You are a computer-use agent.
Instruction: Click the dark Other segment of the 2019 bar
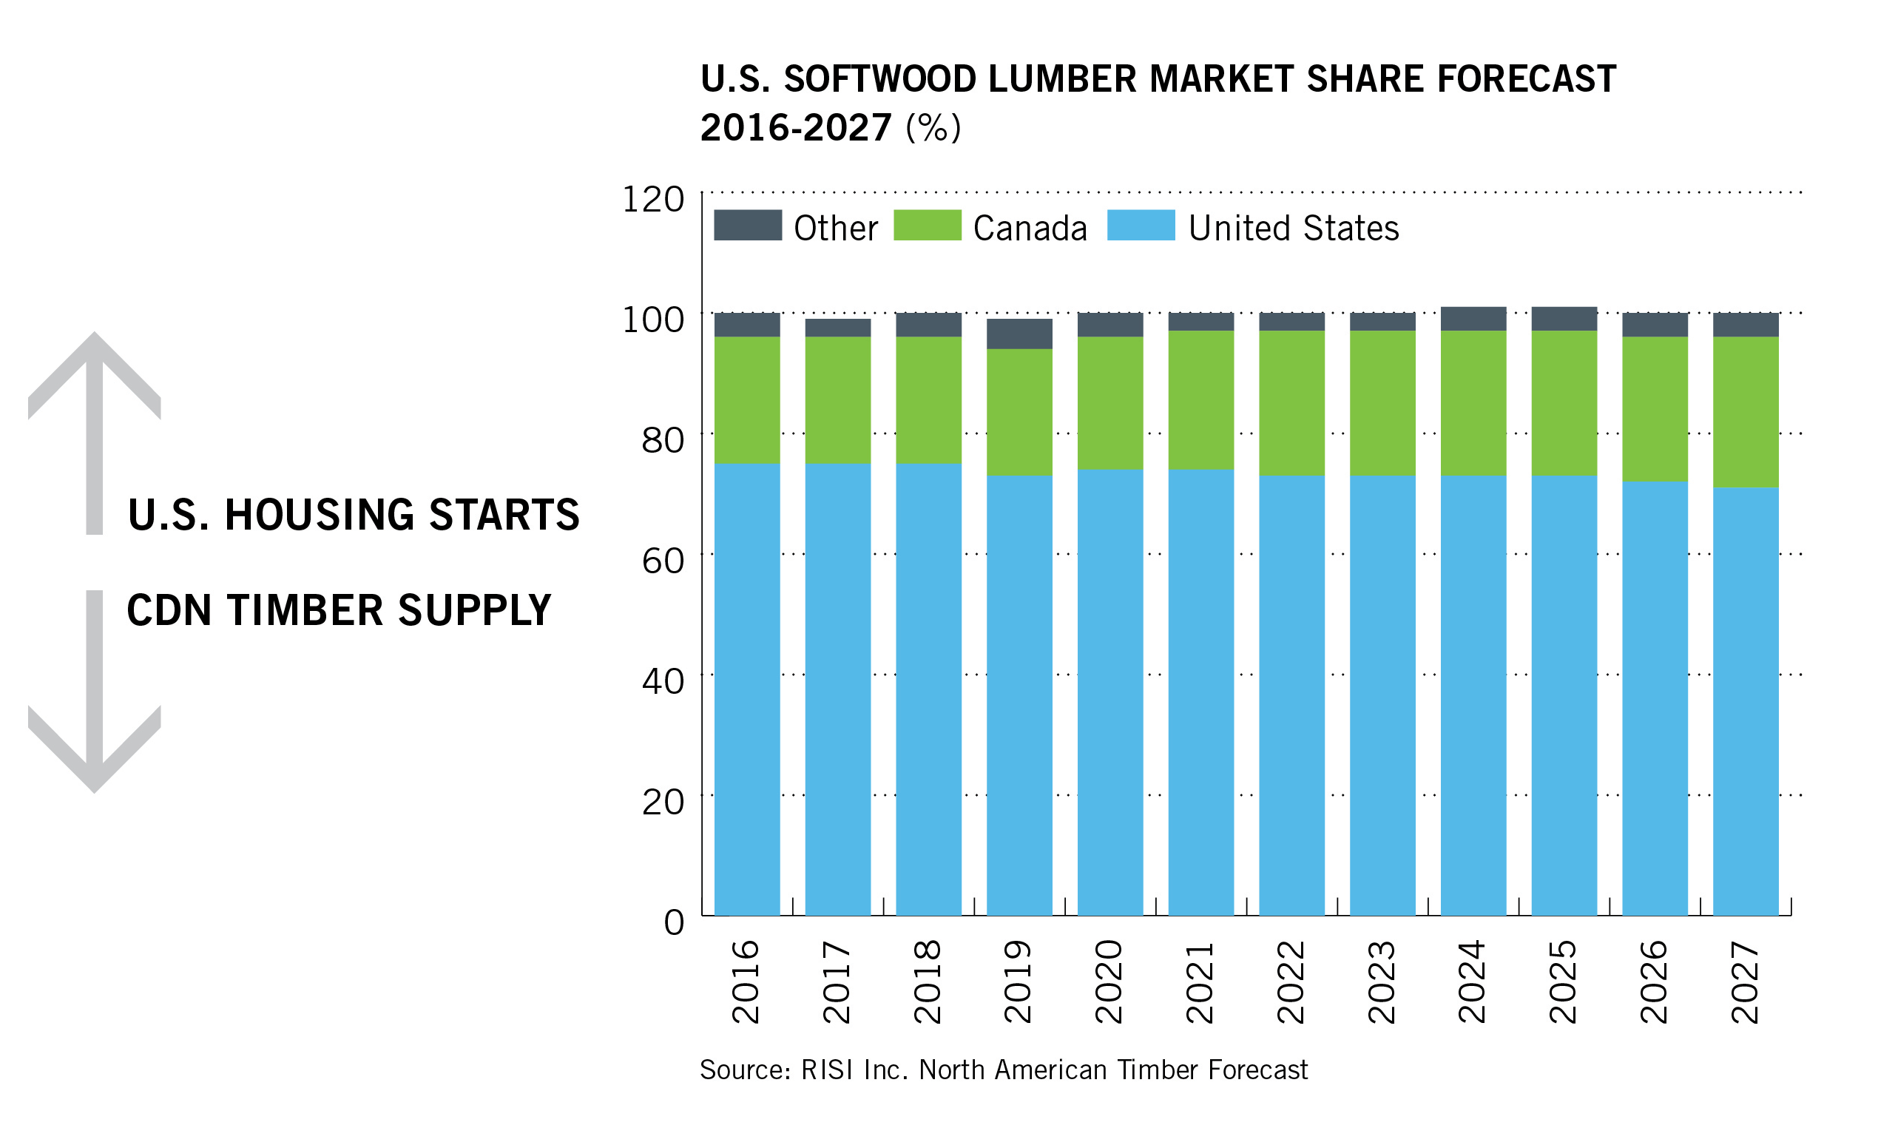[1019, 334]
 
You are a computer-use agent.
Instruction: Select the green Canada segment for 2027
[1746, 412]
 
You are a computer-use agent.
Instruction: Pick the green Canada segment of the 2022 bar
[1292, 402]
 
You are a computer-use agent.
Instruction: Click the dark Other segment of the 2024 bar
[1473, 319]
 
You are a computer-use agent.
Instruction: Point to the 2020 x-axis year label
[1109, 982]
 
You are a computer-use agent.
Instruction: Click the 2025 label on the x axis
[1563, 982]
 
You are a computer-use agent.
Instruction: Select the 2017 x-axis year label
[837, 982]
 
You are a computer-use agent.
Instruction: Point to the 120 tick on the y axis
[653, 200]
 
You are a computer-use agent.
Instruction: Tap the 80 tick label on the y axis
[662, 441]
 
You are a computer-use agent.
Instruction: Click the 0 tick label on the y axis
[674, 922]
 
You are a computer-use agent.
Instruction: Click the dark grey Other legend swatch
[748, 226]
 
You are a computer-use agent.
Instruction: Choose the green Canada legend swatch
[927, 226]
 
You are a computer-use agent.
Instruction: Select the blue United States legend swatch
[1141, 226]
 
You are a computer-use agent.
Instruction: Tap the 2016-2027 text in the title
[796, 127]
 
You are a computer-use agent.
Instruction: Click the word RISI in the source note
[828, 1070]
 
